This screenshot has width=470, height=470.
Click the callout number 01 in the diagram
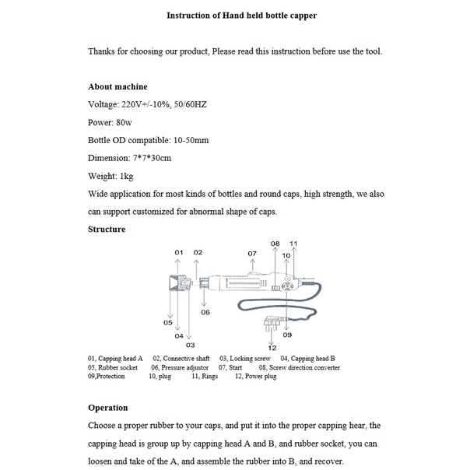pyautogui.click(x=178, y=252)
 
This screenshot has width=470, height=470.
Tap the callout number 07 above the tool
pyautogui.click(x=252, y=254)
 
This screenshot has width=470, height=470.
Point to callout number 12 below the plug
pyautogui.click(x=272, y=347)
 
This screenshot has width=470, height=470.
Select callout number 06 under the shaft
pyautogui.click(x=205, y=312)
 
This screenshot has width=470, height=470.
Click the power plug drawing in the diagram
pyautogui.click(x=272, y=325)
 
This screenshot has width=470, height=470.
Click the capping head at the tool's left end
pyautogui.click(x=180, y=286)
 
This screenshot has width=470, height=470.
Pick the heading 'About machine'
pyautogui.click(x=117, y=86)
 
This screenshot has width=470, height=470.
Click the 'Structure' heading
pyautogui.click(x=107, y=229)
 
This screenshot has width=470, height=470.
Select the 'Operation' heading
pyautogui.click(x=108, y=407)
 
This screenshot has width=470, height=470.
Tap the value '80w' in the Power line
pyautogui.click(x=126, y=122)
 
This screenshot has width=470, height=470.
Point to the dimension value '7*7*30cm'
pyautogui.click(x=152, y=158)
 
